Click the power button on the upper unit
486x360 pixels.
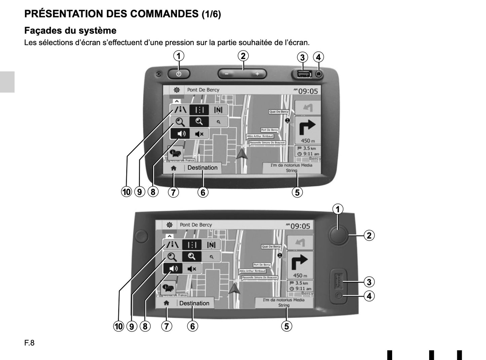click(x=179, y=74)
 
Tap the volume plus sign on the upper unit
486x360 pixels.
click(x=257, y=74)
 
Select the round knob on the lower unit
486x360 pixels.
click(x=338, y=234)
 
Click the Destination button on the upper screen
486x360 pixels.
click(x=202, y=168)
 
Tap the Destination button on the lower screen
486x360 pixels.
click(x=194, y=303)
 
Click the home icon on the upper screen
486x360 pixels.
click(x=174, y=168)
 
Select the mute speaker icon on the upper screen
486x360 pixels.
click(x=199, y=134)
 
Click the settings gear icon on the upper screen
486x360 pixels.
click(x=177, y=90)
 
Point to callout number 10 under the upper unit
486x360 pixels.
click(x=126, y=192)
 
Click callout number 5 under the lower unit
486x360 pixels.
click(x=287, y=326)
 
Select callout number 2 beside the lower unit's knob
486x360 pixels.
click(x=369, y=236)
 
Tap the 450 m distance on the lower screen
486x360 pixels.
click(x=300, y=276)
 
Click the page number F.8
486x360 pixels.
click(x=29, y=343)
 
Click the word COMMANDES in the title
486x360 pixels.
click(x=164, y=14)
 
